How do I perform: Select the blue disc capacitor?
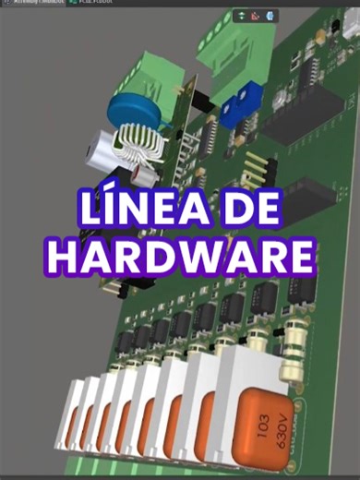pos(135,109)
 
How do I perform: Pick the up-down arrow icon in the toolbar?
pos(241,16)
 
